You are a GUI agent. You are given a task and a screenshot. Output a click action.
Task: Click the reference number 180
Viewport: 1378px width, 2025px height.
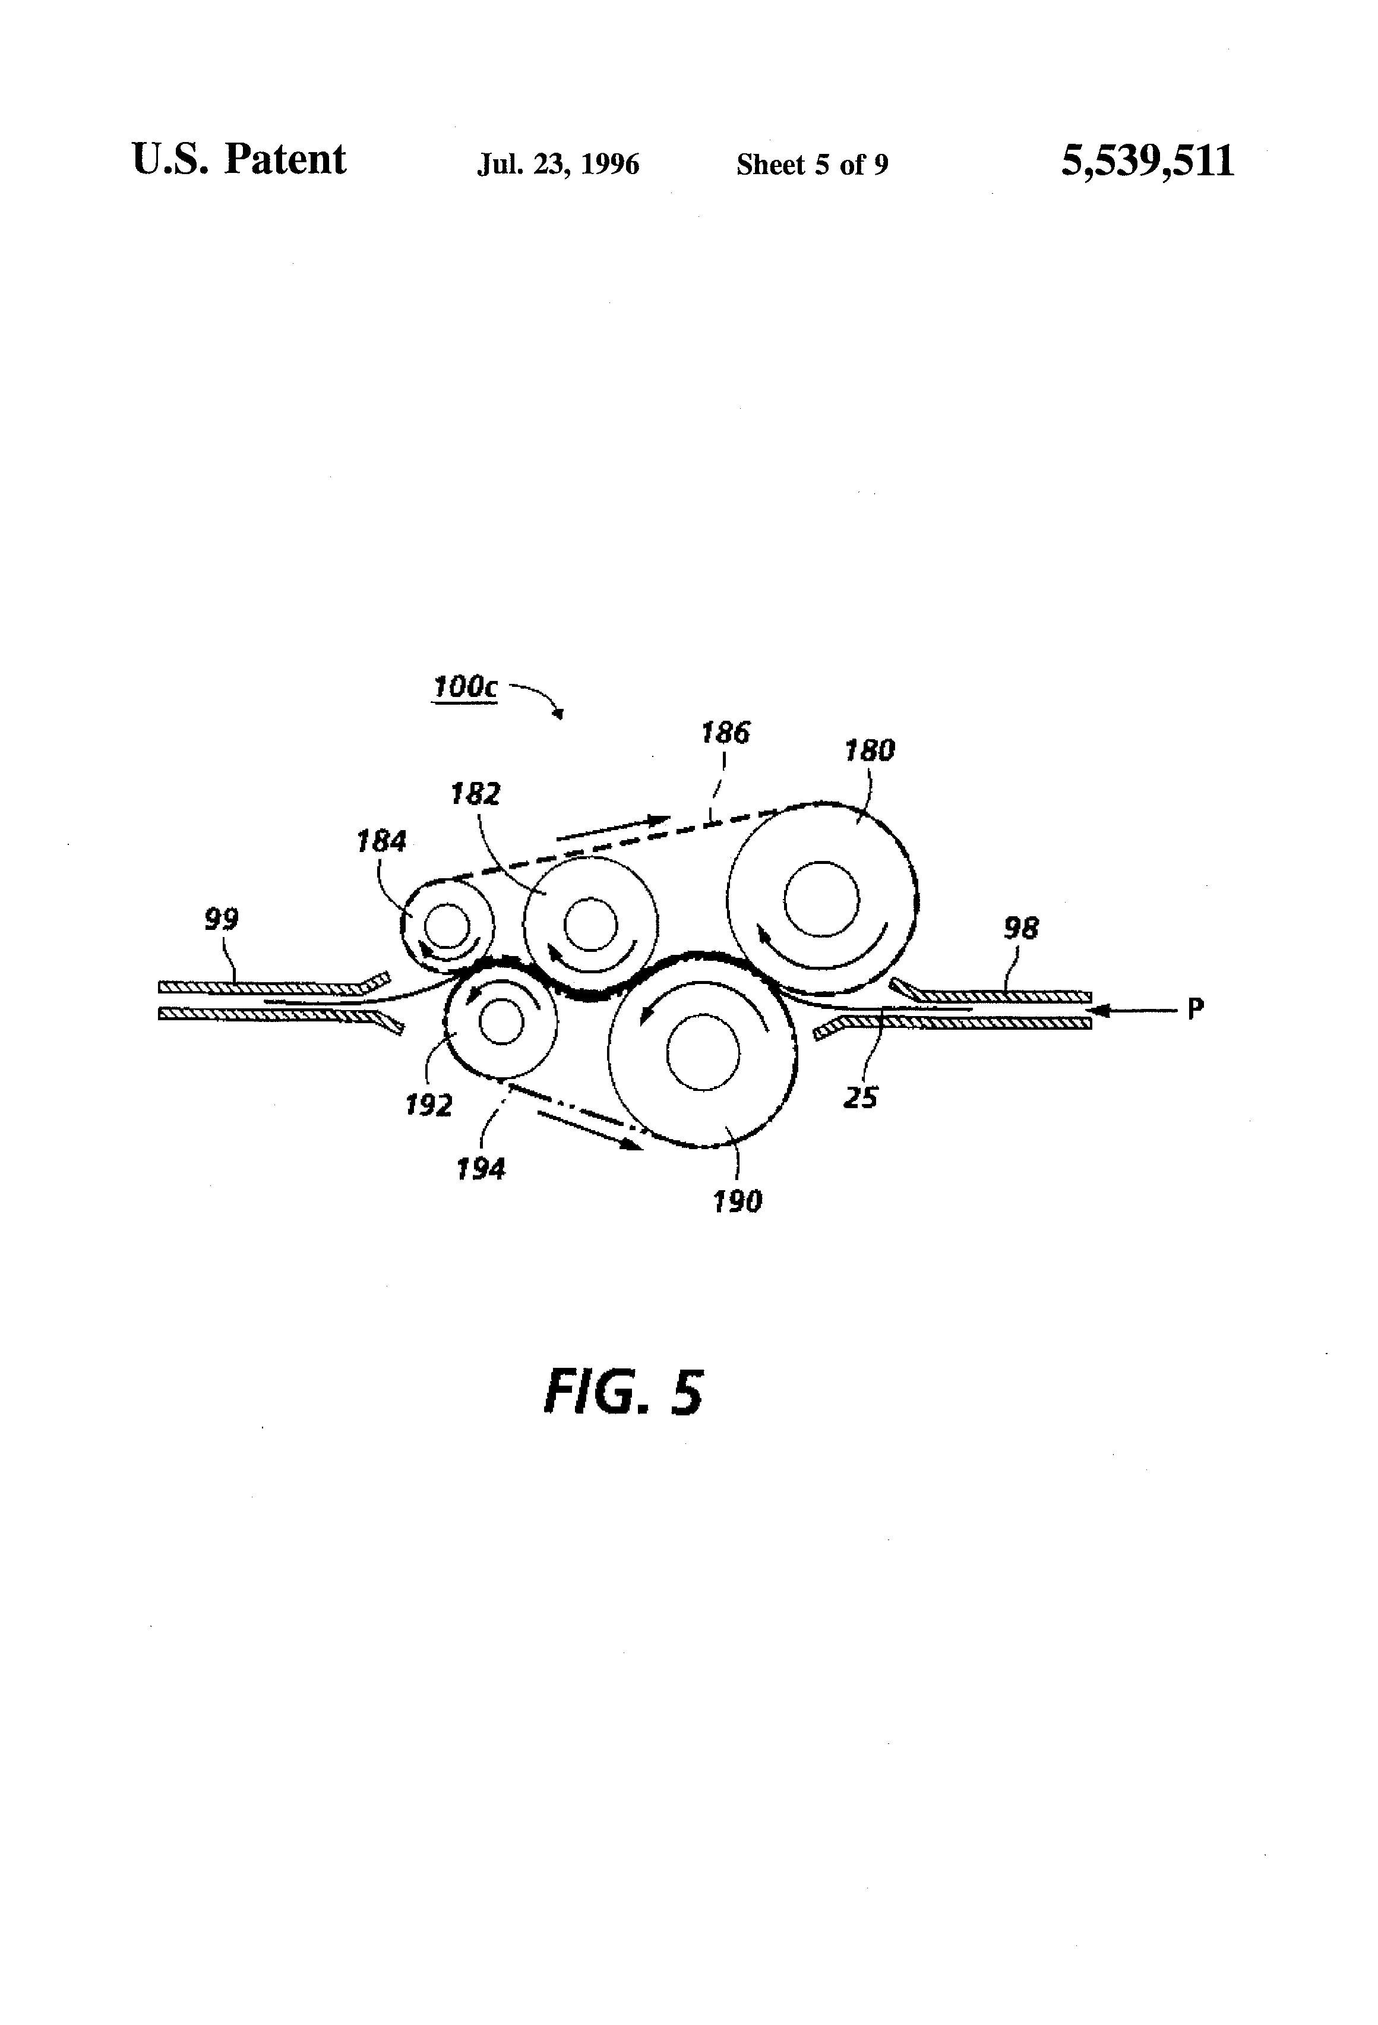(870, 750)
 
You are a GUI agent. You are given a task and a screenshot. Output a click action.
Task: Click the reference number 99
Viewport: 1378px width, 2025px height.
(221, 919)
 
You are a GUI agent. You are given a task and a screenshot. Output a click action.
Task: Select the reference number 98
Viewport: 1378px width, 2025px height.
(1021, 929)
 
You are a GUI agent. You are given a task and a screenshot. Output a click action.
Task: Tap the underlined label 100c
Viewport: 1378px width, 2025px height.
(465, 687)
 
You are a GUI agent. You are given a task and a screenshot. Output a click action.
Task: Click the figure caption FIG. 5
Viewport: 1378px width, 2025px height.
(623, 1392)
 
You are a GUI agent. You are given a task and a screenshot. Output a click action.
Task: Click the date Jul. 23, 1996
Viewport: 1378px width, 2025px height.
(558, 164)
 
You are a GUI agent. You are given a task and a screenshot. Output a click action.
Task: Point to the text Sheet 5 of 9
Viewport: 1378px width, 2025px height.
(812, 164)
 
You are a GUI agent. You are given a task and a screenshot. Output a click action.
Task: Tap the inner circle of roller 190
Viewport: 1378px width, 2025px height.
(703, 1052)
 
